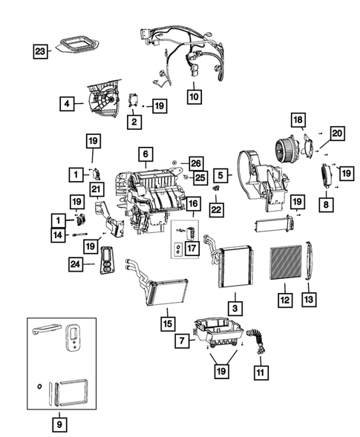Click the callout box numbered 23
click(40, 51)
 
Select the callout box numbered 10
click(194, 96)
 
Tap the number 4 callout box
click(67, 104)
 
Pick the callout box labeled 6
click(145, 154)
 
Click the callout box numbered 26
click(196, 163)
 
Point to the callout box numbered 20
click(337, 134)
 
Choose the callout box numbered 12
click(285, 300)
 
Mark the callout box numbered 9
click(59, 424)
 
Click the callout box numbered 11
click(261, 372)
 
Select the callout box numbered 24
click(76, 264)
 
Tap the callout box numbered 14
click(58, 235)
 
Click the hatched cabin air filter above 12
click(286, 262)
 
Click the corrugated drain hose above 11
click(258, 341)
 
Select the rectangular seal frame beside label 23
click(75, 44)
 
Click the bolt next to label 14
click(80, 235)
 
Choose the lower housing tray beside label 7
click(219, 332)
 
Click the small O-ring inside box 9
click(39, 387)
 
